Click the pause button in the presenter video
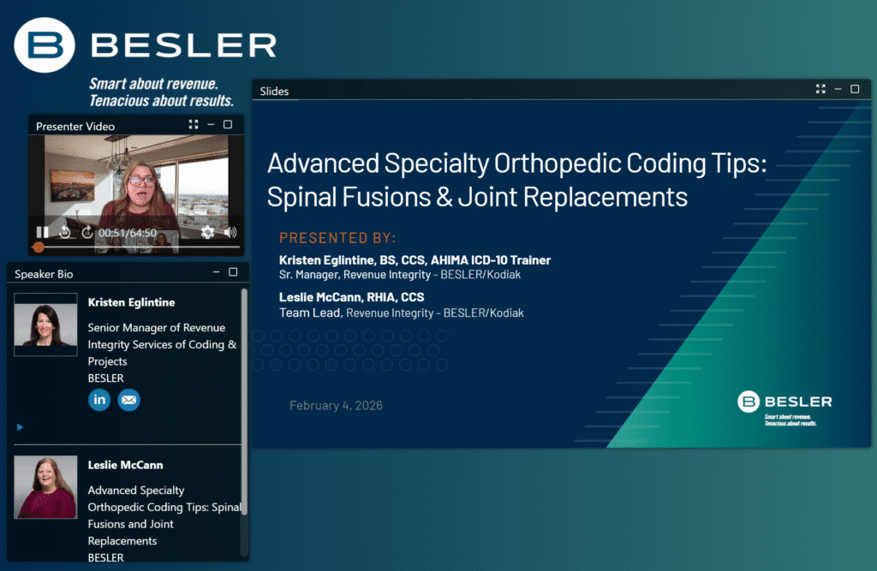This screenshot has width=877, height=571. point(43,231)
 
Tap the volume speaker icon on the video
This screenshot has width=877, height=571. point(230,231)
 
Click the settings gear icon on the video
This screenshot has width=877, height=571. point(207,231)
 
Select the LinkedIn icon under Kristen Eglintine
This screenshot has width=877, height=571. point(99,400)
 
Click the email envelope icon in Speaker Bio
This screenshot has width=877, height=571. point(128,400)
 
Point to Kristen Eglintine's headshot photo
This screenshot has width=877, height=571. point(45,324)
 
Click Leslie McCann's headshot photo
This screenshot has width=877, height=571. point(45,487)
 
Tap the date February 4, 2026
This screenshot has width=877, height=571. point(336,406)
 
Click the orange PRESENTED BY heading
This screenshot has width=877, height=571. point(337,238)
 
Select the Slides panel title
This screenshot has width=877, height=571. point(274,91)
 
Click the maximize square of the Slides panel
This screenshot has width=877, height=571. point(855,89)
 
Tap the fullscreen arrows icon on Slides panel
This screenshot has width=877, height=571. point(820,89)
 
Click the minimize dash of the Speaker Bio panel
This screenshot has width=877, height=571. point(216,271)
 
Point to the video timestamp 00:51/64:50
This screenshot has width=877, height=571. point(128,233)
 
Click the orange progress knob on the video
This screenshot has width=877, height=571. point(39,247)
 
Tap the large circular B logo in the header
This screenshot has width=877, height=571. point(45,45)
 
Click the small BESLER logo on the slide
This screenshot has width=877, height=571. point(785,407)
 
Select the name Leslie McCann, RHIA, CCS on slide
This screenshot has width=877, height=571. point(352,298)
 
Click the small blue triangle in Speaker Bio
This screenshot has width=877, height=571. point(21,427)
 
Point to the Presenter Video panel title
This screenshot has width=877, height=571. point(75,127)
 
